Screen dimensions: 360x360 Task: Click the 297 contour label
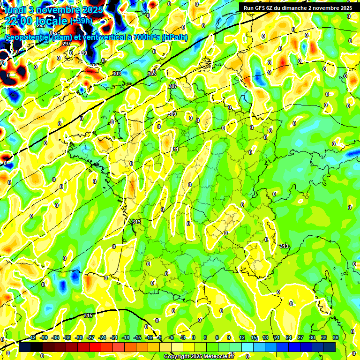pos(66,44)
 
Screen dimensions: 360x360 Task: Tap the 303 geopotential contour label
pos(117,74)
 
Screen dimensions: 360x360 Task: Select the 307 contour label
pos(172,86)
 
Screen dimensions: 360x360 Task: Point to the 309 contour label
pos(172,114)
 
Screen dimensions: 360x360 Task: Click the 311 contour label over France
pos(174,150)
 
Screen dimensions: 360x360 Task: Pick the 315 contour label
pos(88,316)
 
